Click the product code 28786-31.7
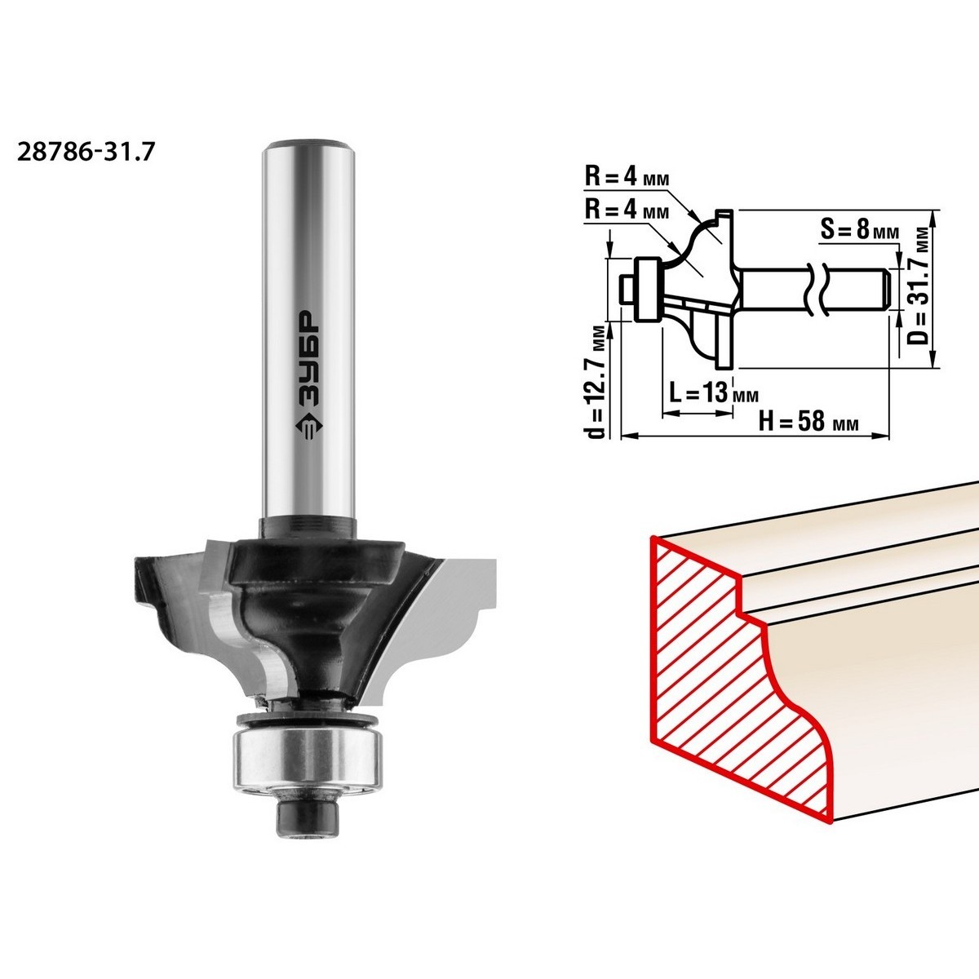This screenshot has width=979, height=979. click(85, 152)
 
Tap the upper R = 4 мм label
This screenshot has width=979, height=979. click(627, 178)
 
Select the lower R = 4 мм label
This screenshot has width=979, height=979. click(627, 210)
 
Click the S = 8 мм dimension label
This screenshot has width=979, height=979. click(860, 230)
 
